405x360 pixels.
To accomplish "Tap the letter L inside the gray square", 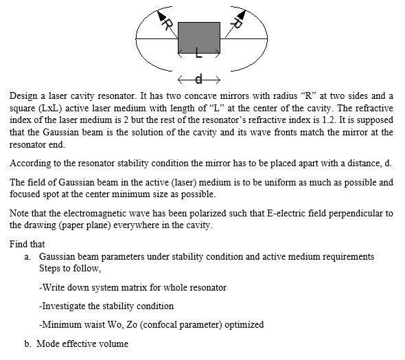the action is tap(198, 52).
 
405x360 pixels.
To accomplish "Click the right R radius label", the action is tap(238, 23).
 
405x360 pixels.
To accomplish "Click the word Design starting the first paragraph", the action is tap(23, 97).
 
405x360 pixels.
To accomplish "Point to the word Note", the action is tap(19, 213).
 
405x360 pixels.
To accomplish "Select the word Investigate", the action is tap(65, 306).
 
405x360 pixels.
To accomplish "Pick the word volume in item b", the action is tap(113, 343).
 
